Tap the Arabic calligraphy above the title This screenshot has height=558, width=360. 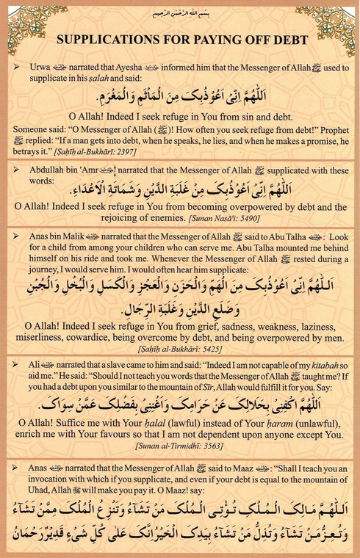pos(179,12)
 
